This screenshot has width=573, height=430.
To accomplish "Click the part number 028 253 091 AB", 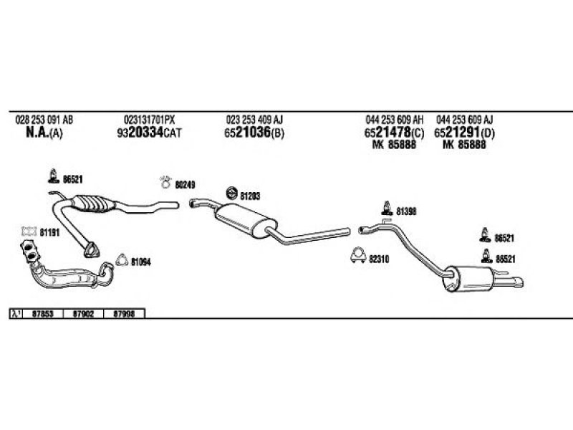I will tap(44, 119).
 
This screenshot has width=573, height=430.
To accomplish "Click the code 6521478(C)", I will tap(394, 133).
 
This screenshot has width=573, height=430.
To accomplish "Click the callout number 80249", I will tap(185, 184).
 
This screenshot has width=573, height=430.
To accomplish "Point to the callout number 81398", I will tap(405, 211).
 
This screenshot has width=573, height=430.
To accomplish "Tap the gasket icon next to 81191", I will tap(29, 231).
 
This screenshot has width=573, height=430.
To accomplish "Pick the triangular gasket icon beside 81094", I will tap(120, 261).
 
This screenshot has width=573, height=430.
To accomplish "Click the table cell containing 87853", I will tap(43, 313).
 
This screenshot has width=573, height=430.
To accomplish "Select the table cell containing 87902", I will tap(84, 313).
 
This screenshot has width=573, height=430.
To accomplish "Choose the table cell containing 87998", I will tap(125, 313).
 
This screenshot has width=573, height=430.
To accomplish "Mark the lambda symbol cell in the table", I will tap(15, 313).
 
